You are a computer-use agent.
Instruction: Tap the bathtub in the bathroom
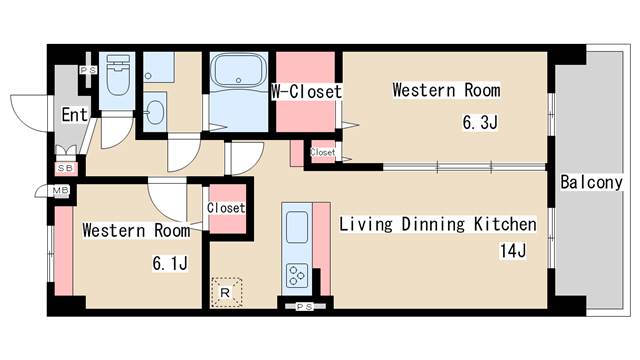pos(239,71)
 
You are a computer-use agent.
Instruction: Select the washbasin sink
pos(155,112)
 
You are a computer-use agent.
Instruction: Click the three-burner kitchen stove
pos(297,276)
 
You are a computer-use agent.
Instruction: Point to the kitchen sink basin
pos(297,227)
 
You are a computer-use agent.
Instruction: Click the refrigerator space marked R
pos(227,292)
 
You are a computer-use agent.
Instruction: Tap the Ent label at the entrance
pos(75,115)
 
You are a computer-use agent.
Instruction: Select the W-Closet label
pos(307,92)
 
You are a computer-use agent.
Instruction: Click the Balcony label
pos(591,182)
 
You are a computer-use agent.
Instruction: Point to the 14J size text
pos(513,251)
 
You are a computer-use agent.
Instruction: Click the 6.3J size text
pos(480,122)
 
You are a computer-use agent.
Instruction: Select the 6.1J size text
pos(170,263)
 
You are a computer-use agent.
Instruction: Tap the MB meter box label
pos(61,190)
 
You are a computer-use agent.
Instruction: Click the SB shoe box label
pos(65,168)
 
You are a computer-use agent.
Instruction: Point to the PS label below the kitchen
pos(304,307)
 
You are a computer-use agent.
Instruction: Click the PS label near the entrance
pos(89,70)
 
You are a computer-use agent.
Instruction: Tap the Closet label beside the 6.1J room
pos(226,208)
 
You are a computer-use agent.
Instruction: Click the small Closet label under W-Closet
pos(322,152)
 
